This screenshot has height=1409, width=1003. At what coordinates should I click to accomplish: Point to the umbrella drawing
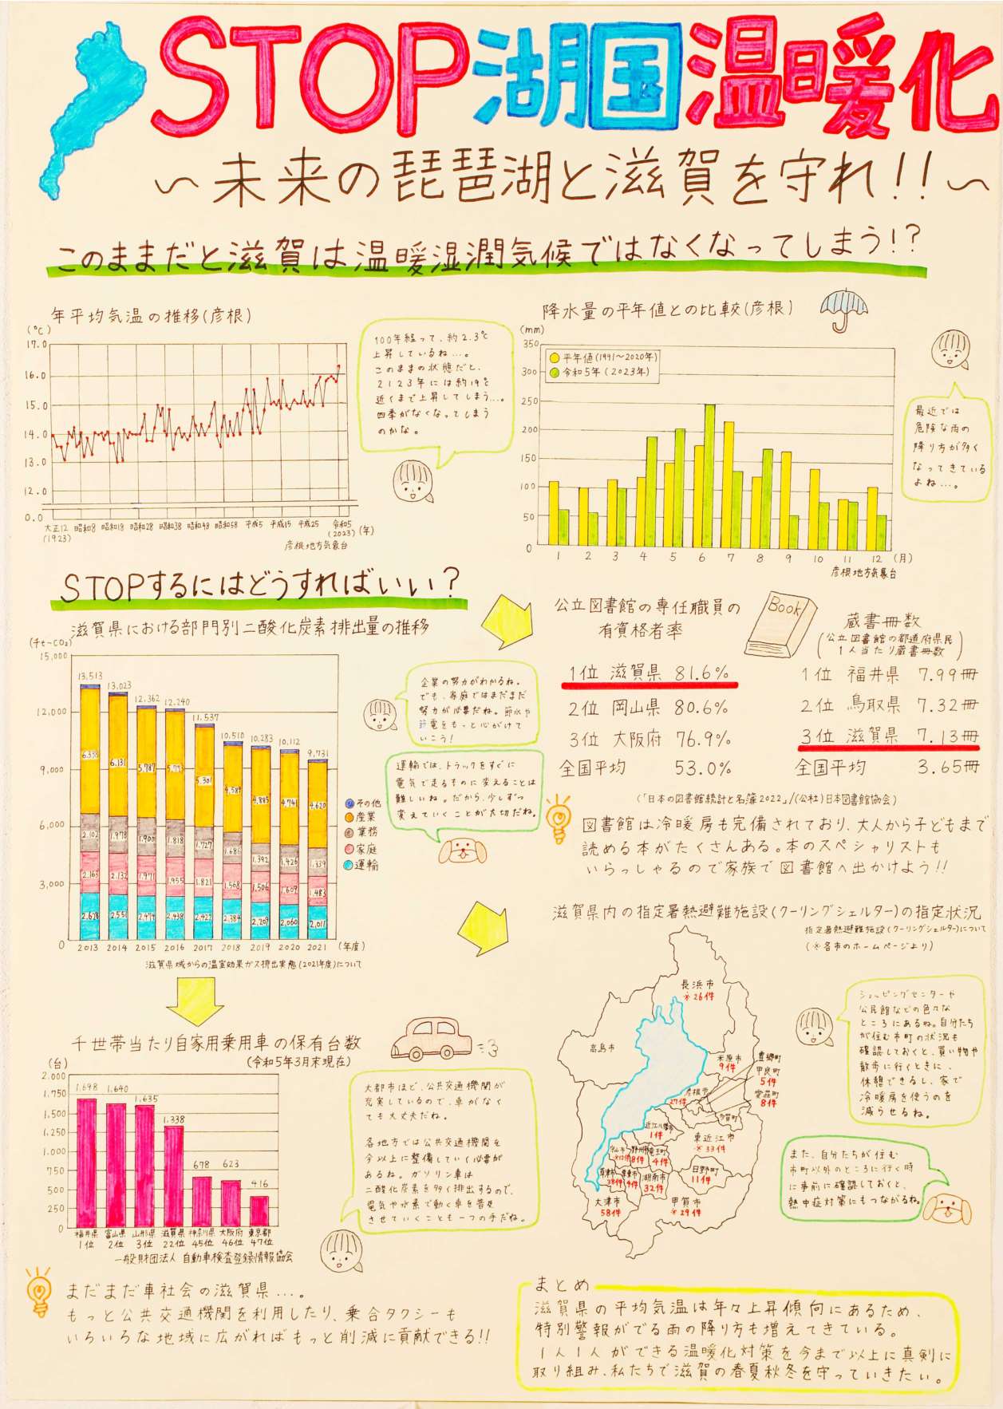tap(843, 309)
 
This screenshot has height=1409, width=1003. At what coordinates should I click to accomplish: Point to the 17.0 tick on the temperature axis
tap(37, 345)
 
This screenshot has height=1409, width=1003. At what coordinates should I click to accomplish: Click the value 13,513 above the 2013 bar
tap(89, 676)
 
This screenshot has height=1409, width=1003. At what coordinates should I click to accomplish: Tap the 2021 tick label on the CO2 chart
tap(317, 947)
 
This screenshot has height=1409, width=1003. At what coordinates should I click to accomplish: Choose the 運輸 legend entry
tap(361, 865)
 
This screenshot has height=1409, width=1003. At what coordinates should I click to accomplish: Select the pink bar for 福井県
tap(86, 1162)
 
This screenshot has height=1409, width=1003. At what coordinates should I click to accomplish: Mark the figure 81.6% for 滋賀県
tap(702, 673)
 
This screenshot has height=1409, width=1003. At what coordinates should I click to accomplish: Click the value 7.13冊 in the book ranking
tap(947, 735)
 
